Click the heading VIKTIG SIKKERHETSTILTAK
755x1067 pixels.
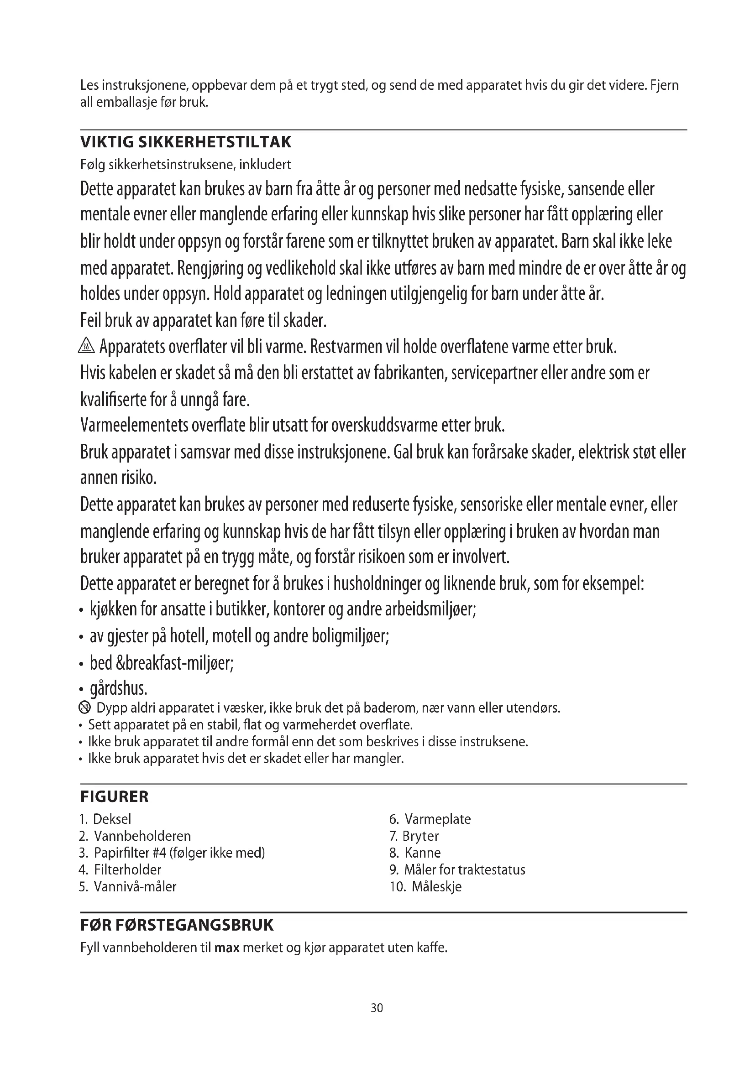(x=185, y=142)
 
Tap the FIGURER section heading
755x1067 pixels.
(x=115, y=796)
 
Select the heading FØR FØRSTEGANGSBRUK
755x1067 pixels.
(x=177, y=925)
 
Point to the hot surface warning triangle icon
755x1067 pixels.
(x=87, y=346)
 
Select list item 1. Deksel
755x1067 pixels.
(x=105, y=819)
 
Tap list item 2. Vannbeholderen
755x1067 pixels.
(x=135, y=836)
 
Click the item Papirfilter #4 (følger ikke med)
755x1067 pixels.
(x=173, y=853)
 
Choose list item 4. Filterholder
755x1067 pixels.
(x=121, y=869)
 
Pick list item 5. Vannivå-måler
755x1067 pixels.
(x=128, y=887)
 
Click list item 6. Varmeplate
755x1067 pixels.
(x=430, y=819)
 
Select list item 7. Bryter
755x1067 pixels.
(x=414, y=836)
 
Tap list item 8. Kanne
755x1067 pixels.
(x=415, y=853)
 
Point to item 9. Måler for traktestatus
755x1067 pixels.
(x=457, y=869)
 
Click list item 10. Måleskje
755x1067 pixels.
(x=426, y=887)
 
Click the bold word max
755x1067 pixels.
(x=227, y=947)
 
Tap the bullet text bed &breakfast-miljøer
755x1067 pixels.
(x=161, y=663)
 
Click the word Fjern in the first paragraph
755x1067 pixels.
(x=664, y=85)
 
